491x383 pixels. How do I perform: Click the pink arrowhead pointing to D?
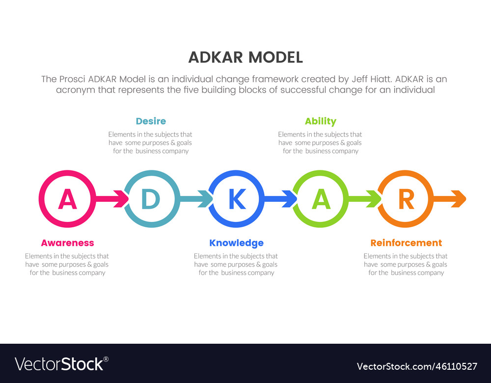[x=122, y=199]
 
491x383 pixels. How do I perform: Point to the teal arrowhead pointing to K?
[x=206, y=199]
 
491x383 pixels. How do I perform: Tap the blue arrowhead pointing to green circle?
[x=290, y=199]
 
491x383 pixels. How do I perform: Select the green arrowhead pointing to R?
[x=375, y=199]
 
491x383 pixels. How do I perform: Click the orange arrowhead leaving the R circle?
[x=459, y=199]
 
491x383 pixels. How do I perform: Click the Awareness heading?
[x=67, y=243]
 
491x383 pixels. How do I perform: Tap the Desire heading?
[x=151, y=121]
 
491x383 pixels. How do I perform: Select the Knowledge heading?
[x=237, y=243]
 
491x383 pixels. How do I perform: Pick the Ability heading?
[x=321, y=121]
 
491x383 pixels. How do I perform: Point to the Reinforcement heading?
[x=406, y=243]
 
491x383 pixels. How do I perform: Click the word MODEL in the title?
[x=275, y=57]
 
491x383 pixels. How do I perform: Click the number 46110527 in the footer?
[x=457, y=366]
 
